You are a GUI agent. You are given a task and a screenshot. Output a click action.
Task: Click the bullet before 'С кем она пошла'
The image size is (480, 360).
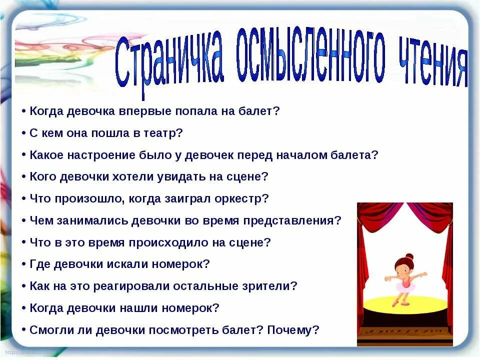[24, 133]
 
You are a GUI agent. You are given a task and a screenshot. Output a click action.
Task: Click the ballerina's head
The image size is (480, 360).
[404, 264]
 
